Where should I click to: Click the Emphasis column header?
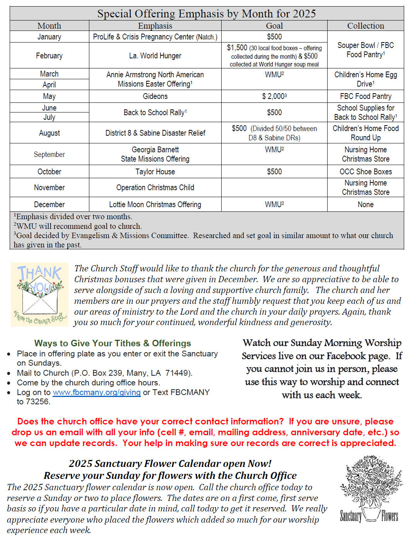pyautogui.click(x=155, y=26)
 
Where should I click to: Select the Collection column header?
pyautogui.click(x=365, y=26)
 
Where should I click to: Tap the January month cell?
pyautogui.click(x=49, y=37)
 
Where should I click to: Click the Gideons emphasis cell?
pyautogui.click(x=155, y=96)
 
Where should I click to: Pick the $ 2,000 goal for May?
pyautogui.click(x=274, y=96)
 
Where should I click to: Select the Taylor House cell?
pyautogui.click(x=155, y=172)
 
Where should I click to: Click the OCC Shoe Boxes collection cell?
pyautogui.click(x=365, y=172)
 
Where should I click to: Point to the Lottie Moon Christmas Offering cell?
pyautogui.click(x=155, y=204)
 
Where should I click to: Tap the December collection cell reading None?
pyautogui.click(x=365, y=204)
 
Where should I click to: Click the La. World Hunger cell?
pyautogui.click(x=155, y=56)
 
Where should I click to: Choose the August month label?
pyautogui.click(x=49, y=133)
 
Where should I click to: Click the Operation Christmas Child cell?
pyautogui.click(x=155, y=187)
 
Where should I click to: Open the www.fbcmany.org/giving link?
pyautogui.click(x=96, y=392)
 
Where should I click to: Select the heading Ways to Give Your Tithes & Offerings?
pyautogui.click(x=113, y=343)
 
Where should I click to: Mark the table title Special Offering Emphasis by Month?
pyautogui.click(x=207, y=14)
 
